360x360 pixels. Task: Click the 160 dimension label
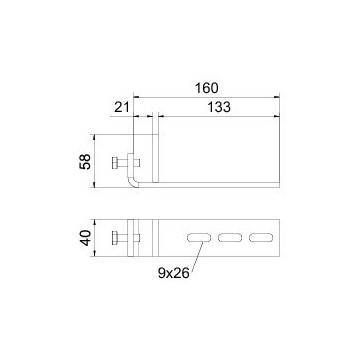click(206, 88)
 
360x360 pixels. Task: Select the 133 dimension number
click(219, 107)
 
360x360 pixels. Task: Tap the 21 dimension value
click(122, 107)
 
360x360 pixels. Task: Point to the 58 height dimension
click(85, 162)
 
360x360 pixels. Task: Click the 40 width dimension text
click(85, 238)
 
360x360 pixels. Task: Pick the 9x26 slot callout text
click(174, 273)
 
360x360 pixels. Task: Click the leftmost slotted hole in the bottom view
click(199, 238)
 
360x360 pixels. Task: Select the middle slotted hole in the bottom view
click(230, 238)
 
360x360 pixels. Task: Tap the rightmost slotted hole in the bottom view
click(261, 238)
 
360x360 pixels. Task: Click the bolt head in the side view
click(114, 163)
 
